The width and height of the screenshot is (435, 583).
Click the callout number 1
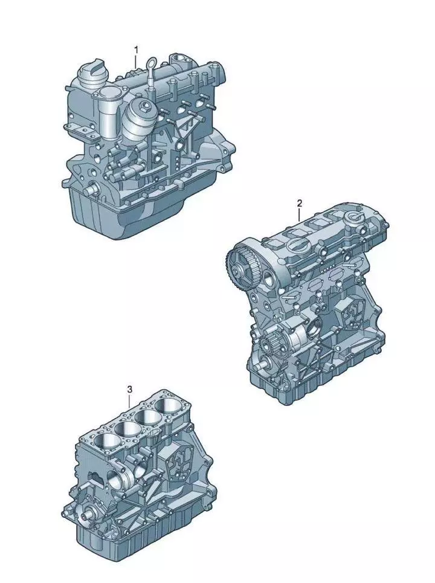(137, 50)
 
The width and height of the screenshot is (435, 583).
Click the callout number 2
(299, 203)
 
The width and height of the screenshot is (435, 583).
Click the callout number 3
(129, 389)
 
